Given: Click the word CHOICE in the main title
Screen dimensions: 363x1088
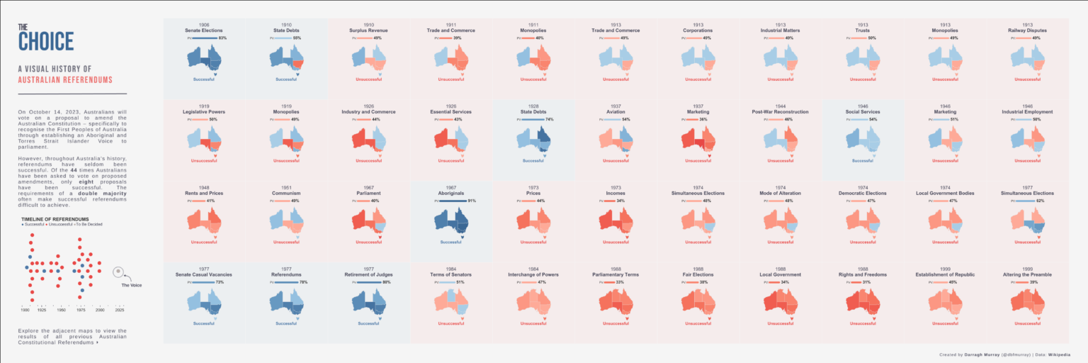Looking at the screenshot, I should [x=46, y=42].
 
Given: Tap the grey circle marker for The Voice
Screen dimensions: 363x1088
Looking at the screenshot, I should [x=119, y=272].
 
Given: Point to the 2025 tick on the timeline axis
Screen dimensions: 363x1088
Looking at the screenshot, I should [x=120, y=310].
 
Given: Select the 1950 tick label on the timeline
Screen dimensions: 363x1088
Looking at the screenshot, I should [x=61, y=310].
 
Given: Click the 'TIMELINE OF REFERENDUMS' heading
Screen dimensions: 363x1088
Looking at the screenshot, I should [x=55, y=218].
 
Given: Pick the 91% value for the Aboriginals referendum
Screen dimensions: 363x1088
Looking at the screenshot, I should [x=472, y=201].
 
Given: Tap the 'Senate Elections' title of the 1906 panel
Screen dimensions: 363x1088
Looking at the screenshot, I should [x=204, y=30].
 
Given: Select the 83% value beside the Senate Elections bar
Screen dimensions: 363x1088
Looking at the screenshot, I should [x=222, y=38].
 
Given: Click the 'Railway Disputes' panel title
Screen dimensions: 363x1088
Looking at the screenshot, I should [x=1027, y=30].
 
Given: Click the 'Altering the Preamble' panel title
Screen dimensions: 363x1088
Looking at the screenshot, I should [x=1027, y=274].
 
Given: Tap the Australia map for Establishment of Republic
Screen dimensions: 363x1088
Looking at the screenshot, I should [x=945, y=303].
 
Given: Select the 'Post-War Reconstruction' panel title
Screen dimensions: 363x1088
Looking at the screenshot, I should [x=780, y=111].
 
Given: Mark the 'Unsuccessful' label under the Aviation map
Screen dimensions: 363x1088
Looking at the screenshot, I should [x=616, y=160].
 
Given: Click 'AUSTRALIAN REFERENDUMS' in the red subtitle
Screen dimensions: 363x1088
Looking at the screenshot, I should [x=65, y=80].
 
